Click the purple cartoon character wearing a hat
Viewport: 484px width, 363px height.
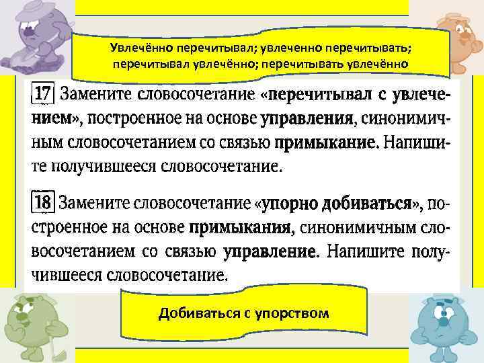[37, 37]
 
